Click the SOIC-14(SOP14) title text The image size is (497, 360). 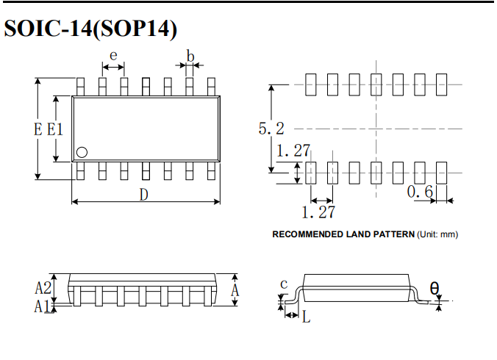pos(90,29)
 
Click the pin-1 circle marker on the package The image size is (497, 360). pos(82,152)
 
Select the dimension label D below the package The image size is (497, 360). pos(144,195)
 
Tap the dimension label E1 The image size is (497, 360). pos(55,129)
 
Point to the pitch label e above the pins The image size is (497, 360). pos(113,56)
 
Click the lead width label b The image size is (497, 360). pos(190,56)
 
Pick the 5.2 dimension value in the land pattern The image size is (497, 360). pos(271,129)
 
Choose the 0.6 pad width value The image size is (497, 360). pos(420,192)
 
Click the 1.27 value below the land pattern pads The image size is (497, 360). pos(318,212)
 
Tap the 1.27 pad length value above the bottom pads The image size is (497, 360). pos(293,151)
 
